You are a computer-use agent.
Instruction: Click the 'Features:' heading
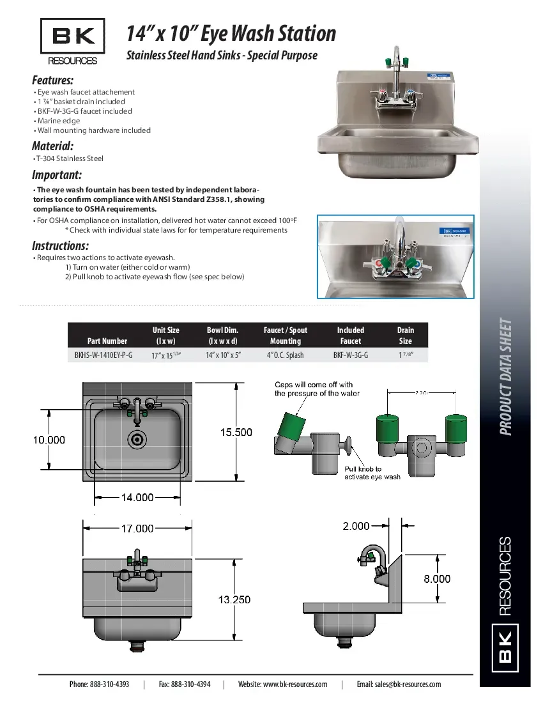[52, 80]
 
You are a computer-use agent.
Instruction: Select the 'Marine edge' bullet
[58, 121]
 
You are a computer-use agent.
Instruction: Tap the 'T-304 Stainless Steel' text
[69, 158]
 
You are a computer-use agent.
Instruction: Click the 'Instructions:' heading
[60, 246]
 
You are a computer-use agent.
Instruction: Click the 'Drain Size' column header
[405, 336]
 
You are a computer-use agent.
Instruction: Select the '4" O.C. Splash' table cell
[285, 355]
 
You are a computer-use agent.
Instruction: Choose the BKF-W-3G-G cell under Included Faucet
[350, 355]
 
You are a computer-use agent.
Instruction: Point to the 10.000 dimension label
[49, 440]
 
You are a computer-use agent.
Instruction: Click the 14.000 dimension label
[137, 497]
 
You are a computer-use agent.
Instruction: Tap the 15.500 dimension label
[236, 432]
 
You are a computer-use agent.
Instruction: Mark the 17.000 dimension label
[137, 528]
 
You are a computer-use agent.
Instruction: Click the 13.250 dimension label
[234, 599]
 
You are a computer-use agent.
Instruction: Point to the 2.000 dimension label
[356, 526]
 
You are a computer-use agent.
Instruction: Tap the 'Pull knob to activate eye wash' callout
[372, 473]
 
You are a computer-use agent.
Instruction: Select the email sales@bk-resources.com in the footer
[399, 684]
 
